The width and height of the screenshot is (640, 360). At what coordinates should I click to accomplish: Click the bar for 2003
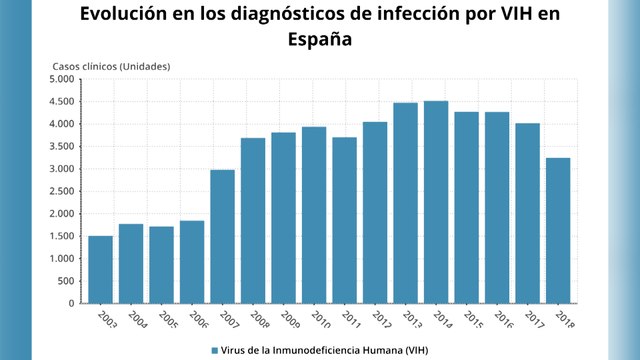coord(101,269)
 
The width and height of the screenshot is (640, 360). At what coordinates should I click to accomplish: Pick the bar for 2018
coord(559,230)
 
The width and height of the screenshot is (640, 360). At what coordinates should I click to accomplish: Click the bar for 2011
coord(345,220)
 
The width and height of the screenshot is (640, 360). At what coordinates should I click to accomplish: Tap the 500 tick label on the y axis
coord(66,281)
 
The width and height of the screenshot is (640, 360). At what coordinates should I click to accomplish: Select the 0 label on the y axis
coord(72,303)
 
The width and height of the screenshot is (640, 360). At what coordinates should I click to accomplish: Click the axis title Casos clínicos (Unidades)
coord(111,66)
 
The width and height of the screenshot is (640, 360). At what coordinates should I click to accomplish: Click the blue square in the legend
coord(215,350)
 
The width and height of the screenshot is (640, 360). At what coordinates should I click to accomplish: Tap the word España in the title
coord(320,40)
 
